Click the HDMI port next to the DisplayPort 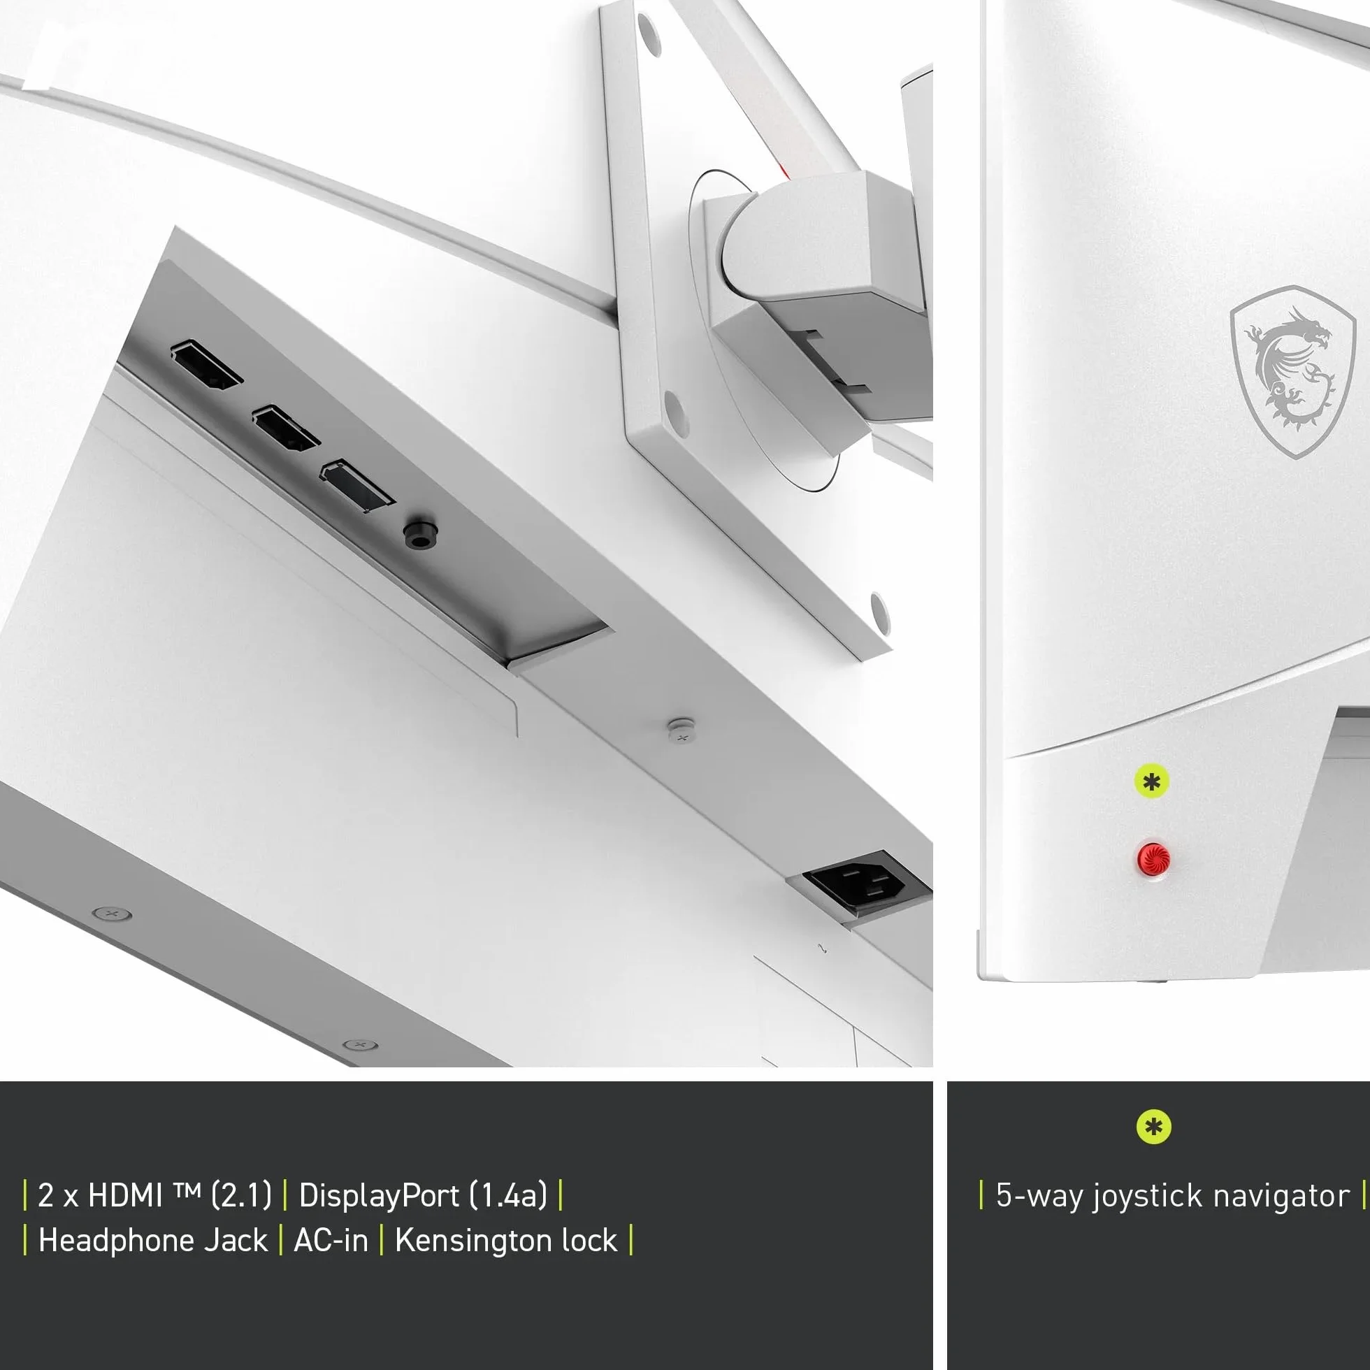(x=286, y=428)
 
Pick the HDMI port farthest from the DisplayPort (x=206, y=366)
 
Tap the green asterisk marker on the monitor (x=1152, y=782)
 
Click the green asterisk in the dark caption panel (x=1154, y=1127)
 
